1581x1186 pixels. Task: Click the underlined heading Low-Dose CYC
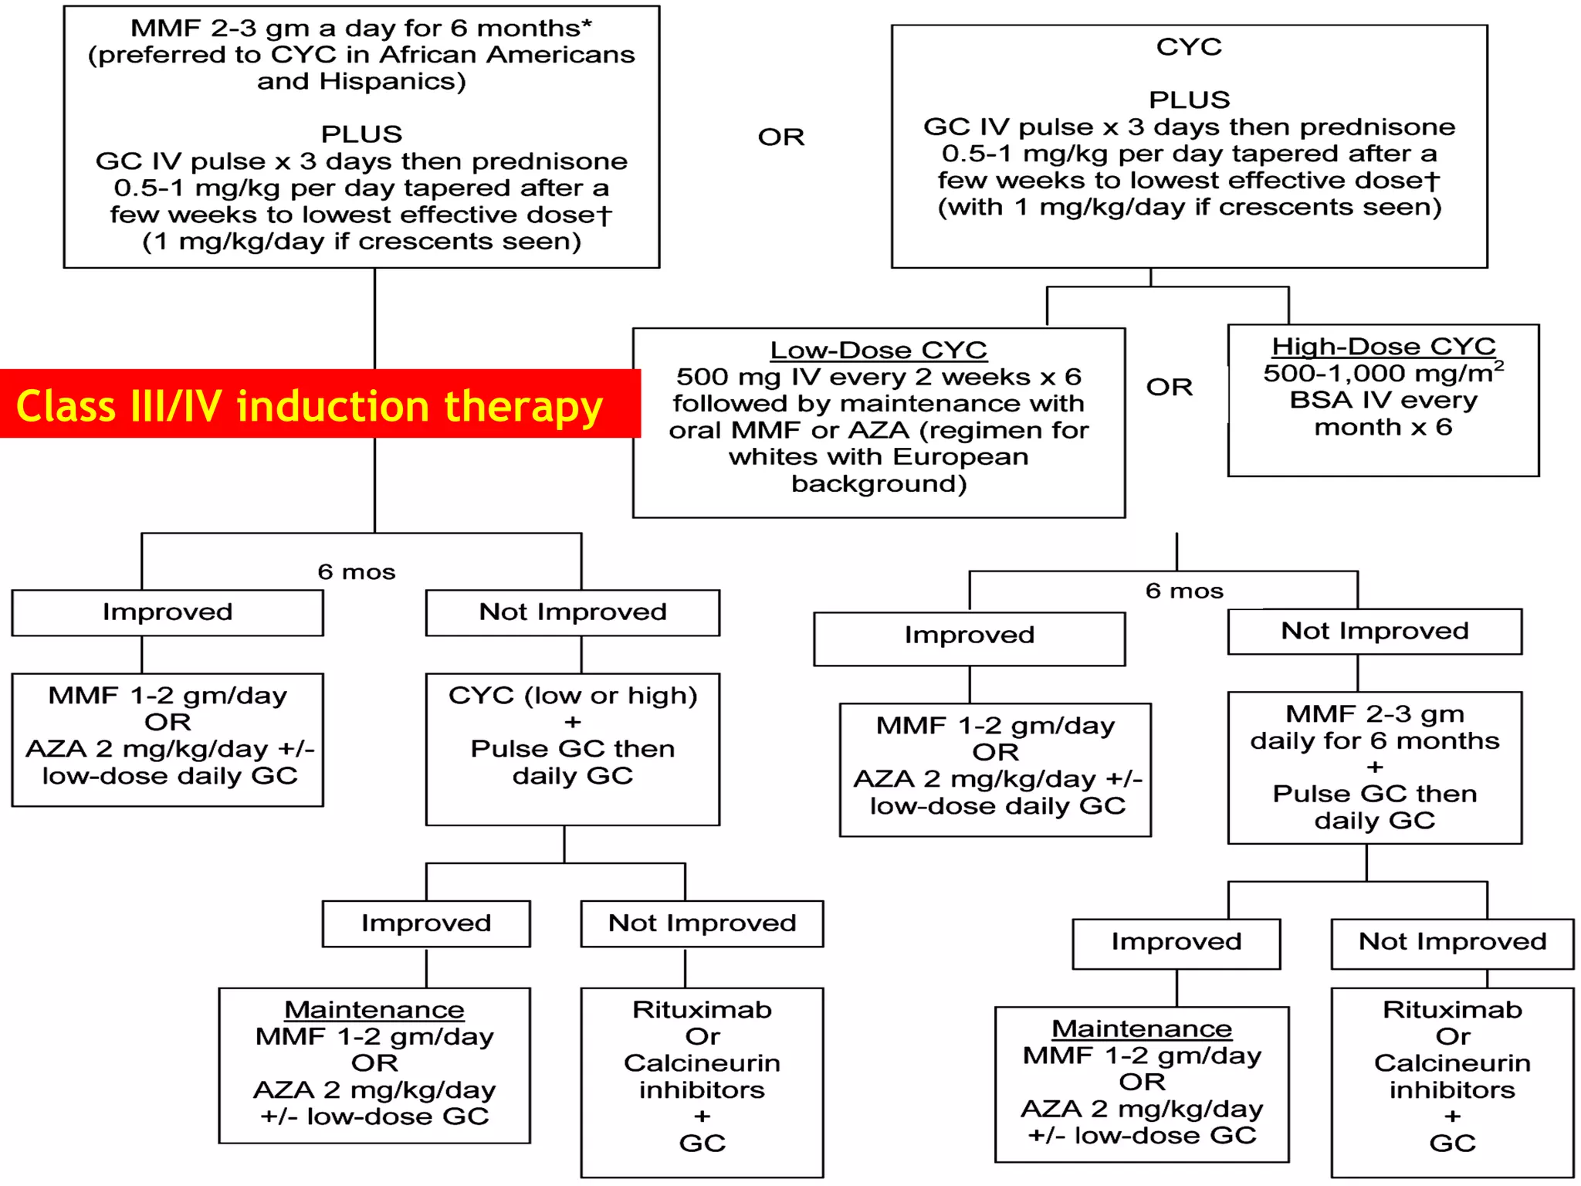click(x=879, y=351)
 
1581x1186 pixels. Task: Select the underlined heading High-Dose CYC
click(x=1383, y=347)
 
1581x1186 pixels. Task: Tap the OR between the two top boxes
click(x=780, y=137)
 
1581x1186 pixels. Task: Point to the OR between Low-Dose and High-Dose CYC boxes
click(x=1169, y=387)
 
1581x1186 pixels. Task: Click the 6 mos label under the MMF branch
click(x=356, y=572)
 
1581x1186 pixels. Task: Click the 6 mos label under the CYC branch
click(x=1184, y=591)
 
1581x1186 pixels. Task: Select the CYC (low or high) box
click(x=572, y=748)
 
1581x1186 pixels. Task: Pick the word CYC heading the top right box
click(x=1189, y=47)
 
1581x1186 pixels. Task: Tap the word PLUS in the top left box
click(x=361, y=134)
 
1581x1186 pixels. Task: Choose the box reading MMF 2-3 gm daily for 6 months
click(x=1374, y=767)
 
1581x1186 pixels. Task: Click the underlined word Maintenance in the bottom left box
click(x=374, y=1010)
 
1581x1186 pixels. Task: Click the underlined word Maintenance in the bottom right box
click(x=1142, y=1028)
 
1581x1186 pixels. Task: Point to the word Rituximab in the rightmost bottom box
click(x=1452, y=1010)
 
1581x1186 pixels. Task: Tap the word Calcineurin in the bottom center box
click(x=702, y=1063)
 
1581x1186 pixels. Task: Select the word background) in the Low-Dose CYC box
click(x=879, y=484)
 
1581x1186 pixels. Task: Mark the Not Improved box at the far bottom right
click(x=1452, y=942)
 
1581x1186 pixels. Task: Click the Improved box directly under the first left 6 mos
click(x=168, y=612)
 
